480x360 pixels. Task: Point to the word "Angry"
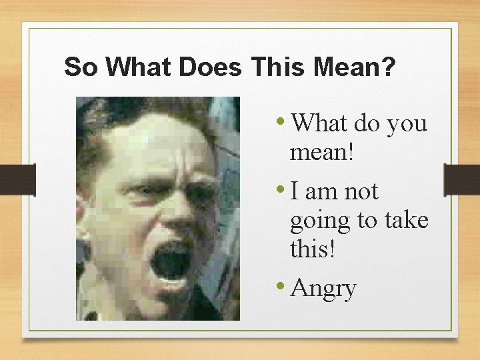323,289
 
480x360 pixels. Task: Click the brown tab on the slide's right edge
462,180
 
